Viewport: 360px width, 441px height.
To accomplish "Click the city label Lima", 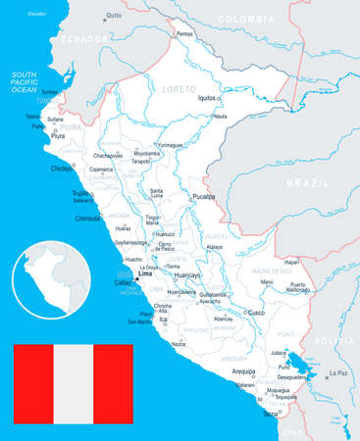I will pyautogui.click(x=147, y=274).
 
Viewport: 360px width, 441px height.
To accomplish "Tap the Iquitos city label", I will pyautogui.click(x=205, y=99).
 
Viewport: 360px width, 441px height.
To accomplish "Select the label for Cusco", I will pyautogui.click(x=255, y=313).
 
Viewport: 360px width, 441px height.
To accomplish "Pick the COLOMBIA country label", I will pyautogui.click(x=245, y=20).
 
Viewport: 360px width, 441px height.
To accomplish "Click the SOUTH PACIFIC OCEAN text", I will pyautogui.click(x=24, y=82).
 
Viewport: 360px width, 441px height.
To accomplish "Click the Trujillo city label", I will pyautogui.click(x=82, y=193).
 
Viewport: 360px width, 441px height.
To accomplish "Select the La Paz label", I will pyautogui.click(x=338, y=372).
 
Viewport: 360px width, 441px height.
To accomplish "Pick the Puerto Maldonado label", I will pyautogui.click(x=298, y=286).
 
